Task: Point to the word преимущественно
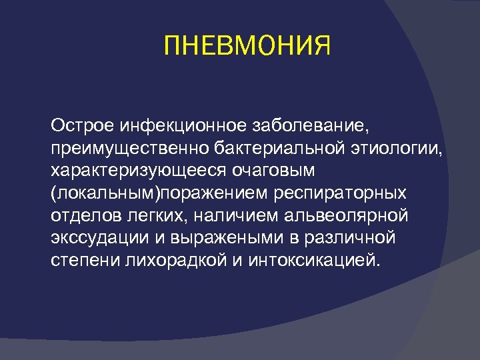click(x=127, y=148)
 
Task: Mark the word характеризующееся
click(x=136, y=170)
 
